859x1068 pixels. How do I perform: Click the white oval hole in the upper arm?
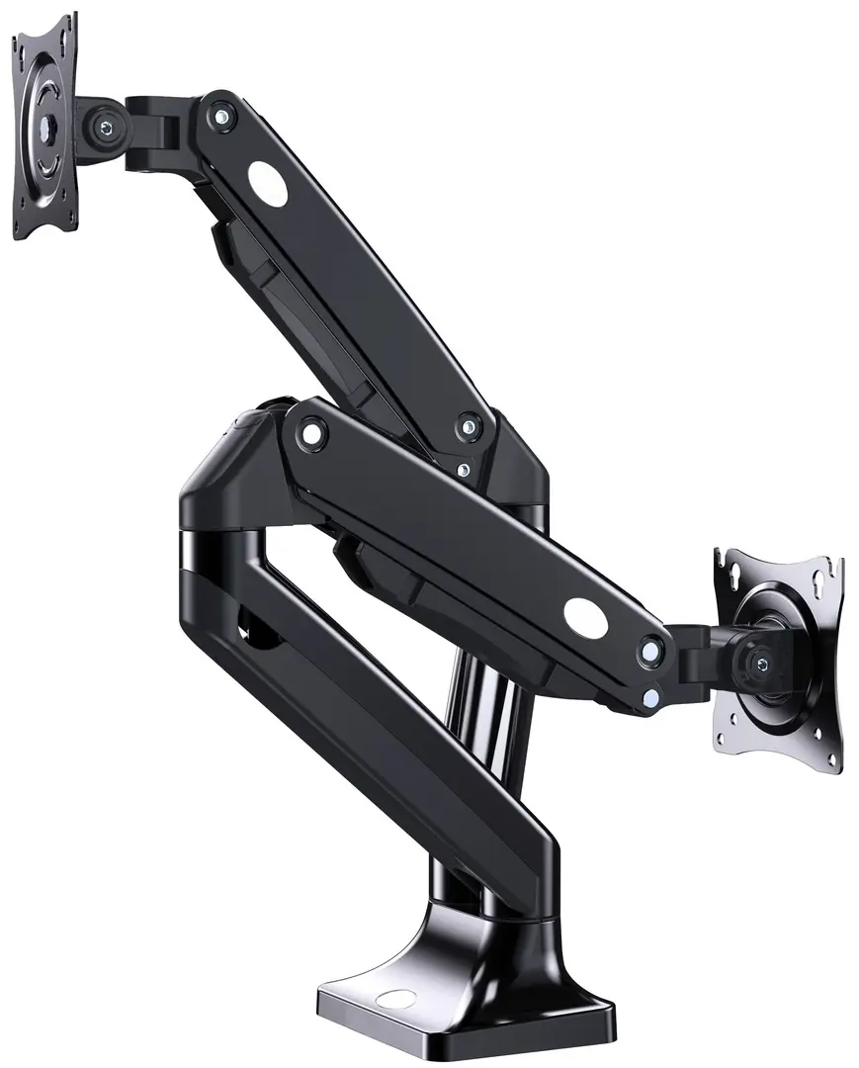pos(267,183)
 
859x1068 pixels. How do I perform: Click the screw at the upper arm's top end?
pos(220,115)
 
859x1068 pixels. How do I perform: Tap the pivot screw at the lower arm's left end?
pos(312,432)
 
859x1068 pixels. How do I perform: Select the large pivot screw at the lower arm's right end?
pos(650,651)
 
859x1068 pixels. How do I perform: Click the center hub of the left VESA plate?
pos(45,126)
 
